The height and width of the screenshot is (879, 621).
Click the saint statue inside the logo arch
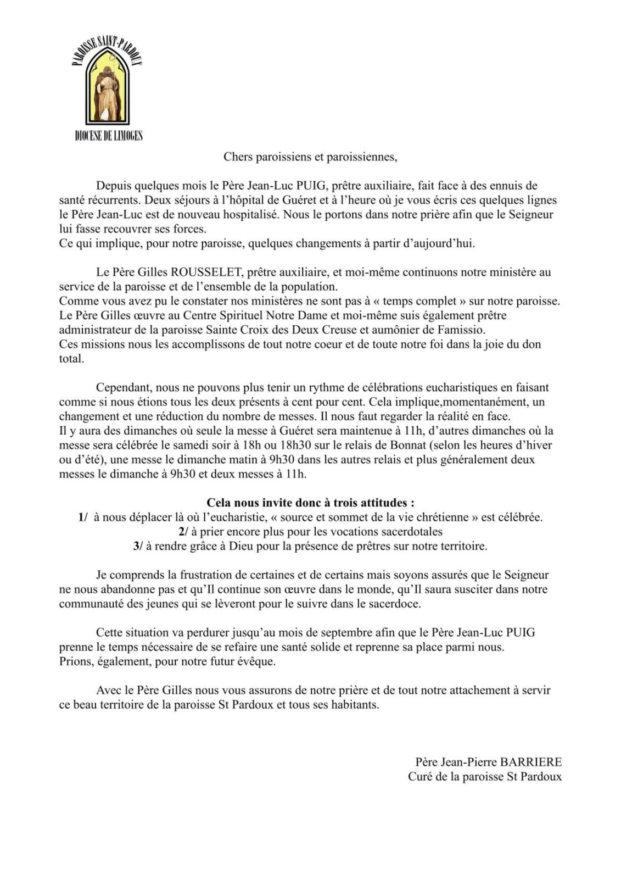[107, 91]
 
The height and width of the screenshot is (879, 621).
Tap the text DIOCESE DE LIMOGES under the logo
[108, 136]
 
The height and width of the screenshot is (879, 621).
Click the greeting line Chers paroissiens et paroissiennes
[310, 157]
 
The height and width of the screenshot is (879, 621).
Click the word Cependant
[124, 387]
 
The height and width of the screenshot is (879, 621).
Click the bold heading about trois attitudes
[310, 503]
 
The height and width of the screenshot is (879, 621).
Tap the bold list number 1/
[83, 518]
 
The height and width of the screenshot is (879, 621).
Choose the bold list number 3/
[138, 546]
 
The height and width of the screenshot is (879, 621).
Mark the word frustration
[200, 575]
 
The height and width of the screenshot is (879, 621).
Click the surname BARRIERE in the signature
[530, 762]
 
